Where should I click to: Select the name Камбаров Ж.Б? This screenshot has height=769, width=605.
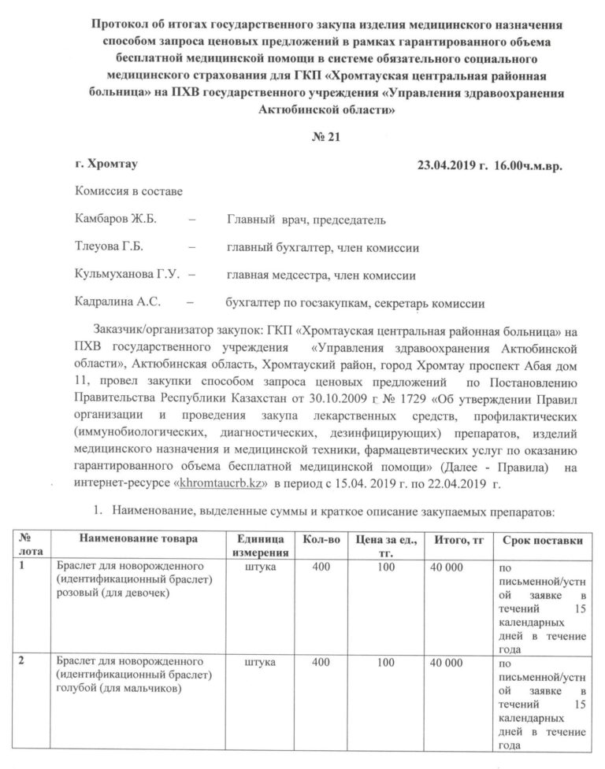(110, 220)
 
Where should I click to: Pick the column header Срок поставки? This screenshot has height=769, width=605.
(540, 539)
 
